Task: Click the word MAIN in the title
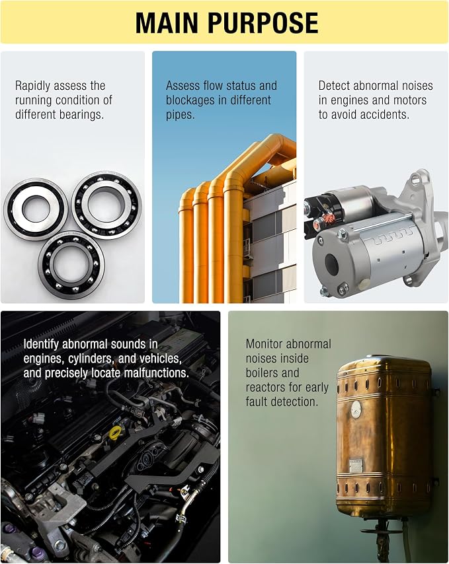coord(167,22)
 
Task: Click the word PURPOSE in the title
coord(263,22)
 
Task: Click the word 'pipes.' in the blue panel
coord(180,115)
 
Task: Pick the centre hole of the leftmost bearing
coord(35,209)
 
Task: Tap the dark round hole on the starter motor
coord(331,265)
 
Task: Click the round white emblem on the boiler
coord(356,409)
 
